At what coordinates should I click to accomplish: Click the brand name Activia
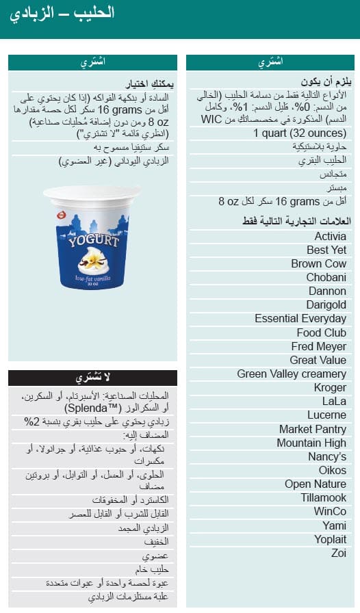tap(330, 236)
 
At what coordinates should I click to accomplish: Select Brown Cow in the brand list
tap(318, 263)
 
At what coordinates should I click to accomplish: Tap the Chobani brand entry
tap(326, 277)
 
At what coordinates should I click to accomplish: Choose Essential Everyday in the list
tap(300, 318)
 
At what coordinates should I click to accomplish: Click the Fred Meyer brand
tap(318, 346)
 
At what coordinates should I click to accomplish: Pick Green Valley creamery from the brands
tap(292, 374)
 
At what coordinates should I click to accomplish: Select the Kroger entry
tap(330, 387)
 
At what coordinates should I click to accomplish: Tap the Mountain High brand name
tap(311, 443)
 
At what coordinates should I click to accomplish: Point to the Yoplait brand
tap(329, 539)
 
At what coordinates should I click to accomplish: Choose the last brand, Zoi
tap(338, 553)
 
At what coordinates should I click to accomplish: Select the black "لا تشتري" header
tap(92, 378)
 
